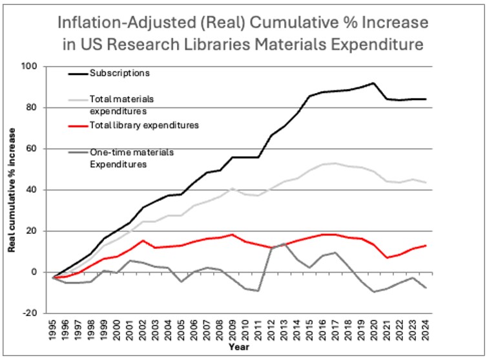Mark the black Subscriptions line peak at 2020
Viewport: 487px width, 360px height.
coord(374,83)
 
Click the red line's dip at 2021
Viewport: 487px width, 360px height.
coord(388,258)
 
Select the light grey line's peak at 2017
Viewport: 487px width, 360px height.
coord(334,163)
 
